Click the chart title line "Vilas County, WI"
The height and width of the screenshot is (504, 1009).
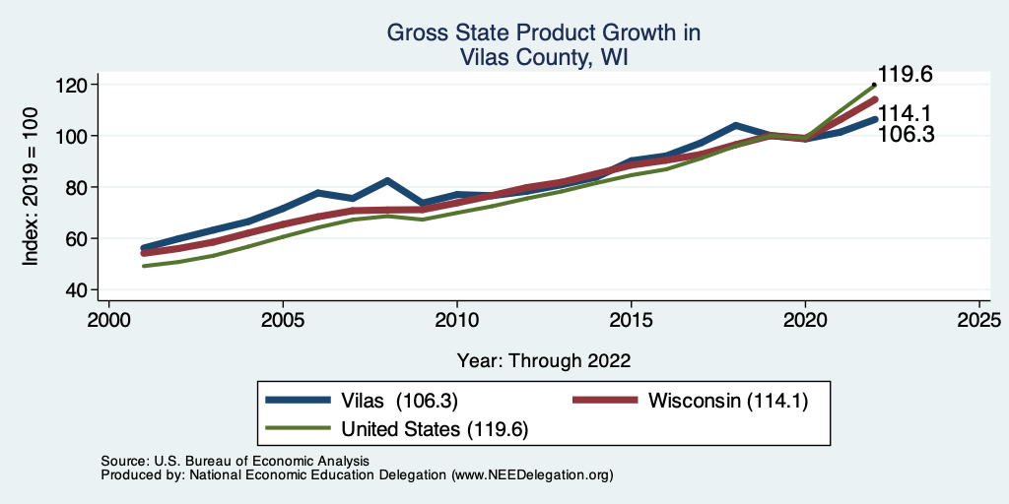click(x=544, y=58)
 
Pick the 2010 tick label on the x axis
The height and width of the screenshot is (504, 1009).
click(x=456, y=321)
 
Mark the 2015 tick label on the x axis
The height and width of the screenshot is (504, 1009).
click(x=631, y=321)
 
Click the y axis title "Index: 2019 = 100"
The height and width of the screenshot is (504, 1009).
click(x=32, y=187)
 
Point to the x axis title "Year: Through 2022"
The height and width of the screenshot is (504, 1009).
click(x=544, y=360)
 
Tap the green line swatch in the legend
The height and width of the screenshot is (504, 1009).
click(x=299, y=429)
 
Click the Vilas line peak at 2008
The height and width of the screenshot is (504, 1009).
click(x=387, y=181)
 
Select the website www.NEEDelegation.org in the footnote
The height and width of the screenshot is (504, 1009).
click(x=531, y=474)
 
